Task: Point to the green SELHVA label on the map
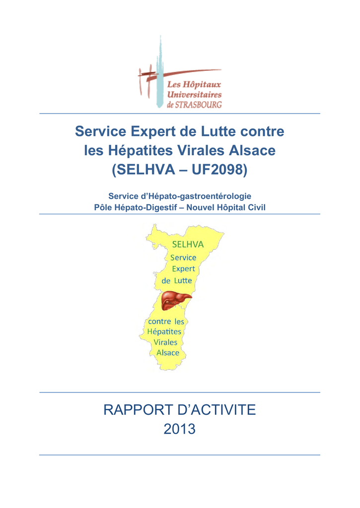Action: (188, 244)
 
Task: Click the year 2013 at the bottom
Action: (180, 429)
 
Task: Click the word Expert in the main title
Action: (148, 131)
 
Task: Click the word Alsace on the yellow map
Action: (168, 353)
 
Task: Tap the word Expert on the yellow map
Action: (183, 269)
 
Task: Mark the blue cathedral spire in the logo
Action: (159, 69)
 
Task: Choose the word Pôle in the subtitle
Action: (103, 207)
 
